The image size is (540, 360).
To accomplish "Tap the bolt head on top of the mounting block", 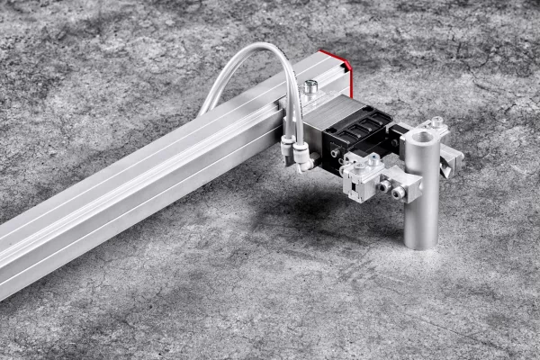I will [310, 87].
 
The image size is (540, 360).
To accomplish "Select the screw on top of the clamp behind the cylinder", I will [436, 122].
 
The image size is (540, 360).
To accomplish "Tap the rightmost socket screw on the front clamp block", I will [398, 192].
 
